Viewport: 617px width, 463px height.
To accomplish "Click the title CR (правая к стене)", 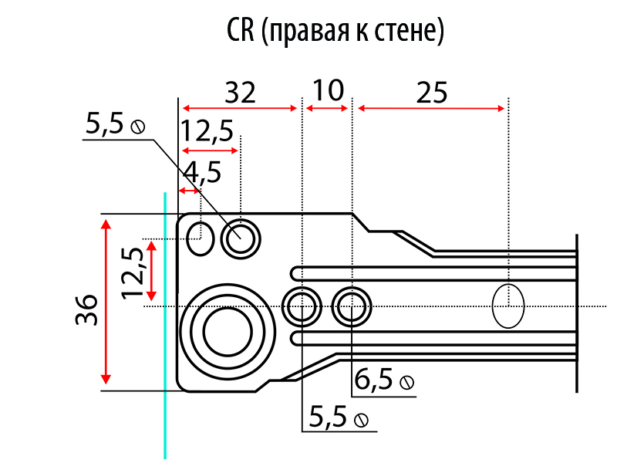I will [335, 32].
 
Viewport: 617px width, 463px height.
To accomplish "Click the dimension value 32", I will [241, 93].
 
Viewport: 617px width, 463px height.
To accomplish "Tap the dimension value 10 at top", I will [329, 91].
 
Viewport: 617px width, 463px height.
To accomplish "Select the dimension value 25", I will [431, 93].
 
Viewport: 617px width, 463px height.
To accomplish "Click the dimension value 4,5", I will [202, 171].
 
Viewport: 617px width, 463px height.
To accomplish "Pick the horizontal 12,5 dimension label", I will [208, 132].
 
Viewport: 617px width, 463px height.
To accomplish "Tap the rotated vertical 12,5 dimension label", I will [132, 272].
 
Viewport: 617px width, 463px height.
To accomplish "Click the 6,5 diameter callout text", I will [374, 380].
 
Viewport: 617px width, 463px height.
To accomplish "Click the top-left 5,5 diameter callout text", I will [106, 124].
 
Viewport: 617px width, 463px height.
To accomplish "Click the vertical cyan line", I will [164, 324].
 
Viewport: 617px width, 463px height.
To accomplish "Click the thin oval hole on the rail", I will [507, 306].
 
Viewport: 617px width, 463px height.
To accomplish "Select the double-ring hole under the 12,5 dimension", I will [241, 237].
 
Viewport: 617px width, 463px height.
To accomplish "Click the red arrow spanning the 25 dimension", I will [431, 108].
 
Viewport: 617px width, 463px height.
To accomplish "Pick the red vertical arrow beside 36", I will [106, 302].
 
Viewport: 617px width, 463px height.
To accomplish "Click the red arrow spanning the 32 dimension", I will [240, 108].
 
